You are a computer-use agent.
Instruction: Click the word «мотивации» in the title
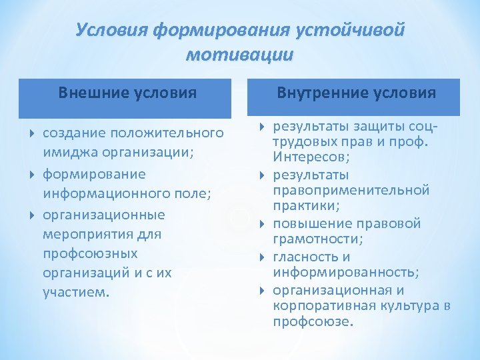tap(239, 54)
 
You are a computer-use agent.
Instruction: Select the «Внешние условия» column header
tap(127, 93)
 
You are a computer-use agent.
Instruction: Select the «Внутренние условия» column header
tap(357, 93)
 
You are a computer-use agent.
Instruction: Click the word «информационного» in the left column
tap(100, 194)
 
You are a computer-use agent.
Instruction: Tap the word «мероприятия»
tap(92, 235)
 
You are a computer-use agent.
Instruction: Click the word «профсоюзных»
tap(90, 254)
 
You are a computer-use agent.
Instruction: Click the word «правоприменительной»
tap(351, 191)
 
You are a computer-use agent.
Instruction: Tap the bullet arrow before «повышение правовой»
tap(261, 224)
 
